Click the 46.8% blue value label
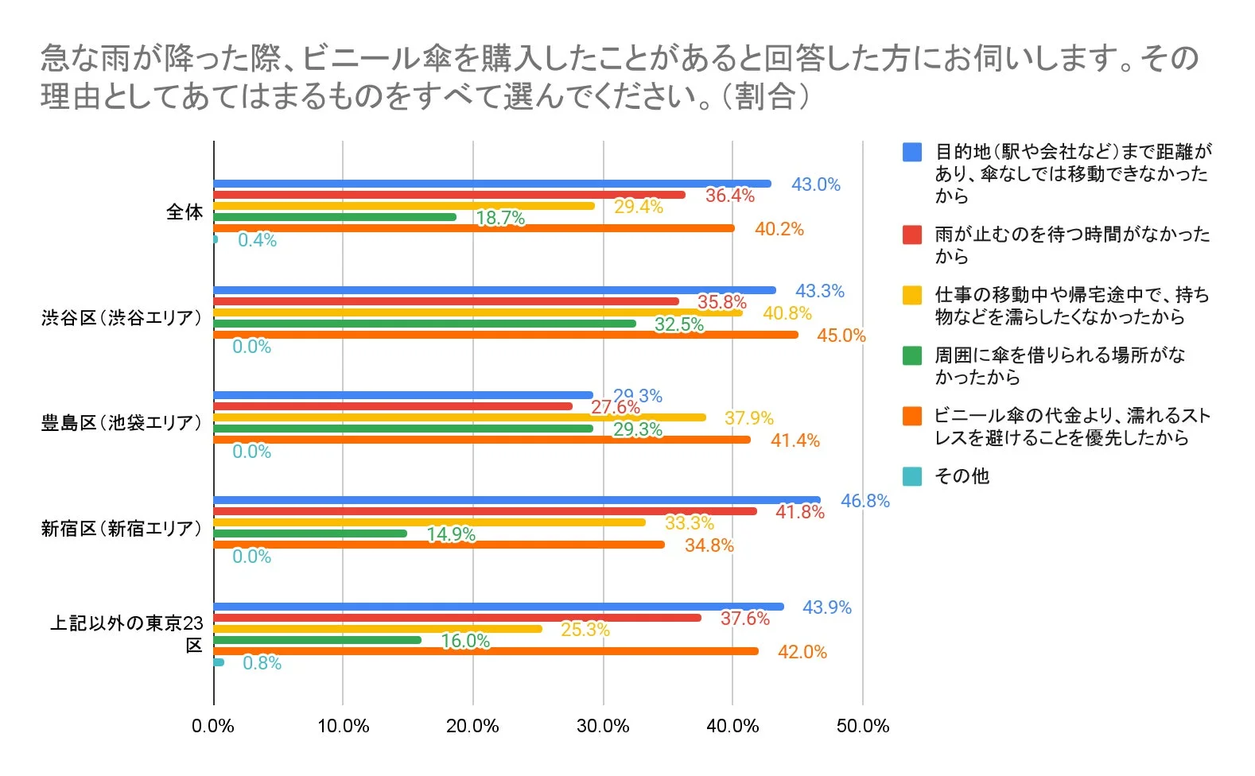click(x=865, y=501)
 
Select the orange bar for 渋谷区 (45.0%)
click(x=506, y=335)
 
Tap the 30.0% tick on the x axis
click(x=603, y=726)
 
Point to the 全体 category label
click(x=184, y=211)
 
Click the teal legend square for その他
click(x=912, y=476)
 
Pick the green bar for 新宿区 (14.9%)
click(x=310, y=533)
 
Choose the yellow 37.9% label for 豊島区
click(x=748, y=418)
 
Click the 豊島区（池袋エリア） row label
click(x=122, y=422)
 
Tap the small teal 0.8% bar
click(x=219, y=662)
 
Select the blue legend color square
click(x=912, y=153)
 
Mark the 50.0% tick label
click(x=862, y=726)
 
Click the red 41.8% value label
click(x=799, y=512)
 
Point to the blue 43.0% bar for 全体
click(x=492, y=184)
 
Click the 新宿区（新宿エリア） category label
click(x=122, y=528)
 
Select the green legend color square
click(x=912, y=355)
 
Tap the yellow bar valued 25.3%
click(x=378, y=629)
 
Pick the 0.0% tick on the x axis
click(x=213, y=726)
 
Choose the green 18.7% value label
click(x=500, y=218)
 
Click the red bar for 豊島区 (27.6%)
click(x=393, y=406)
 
